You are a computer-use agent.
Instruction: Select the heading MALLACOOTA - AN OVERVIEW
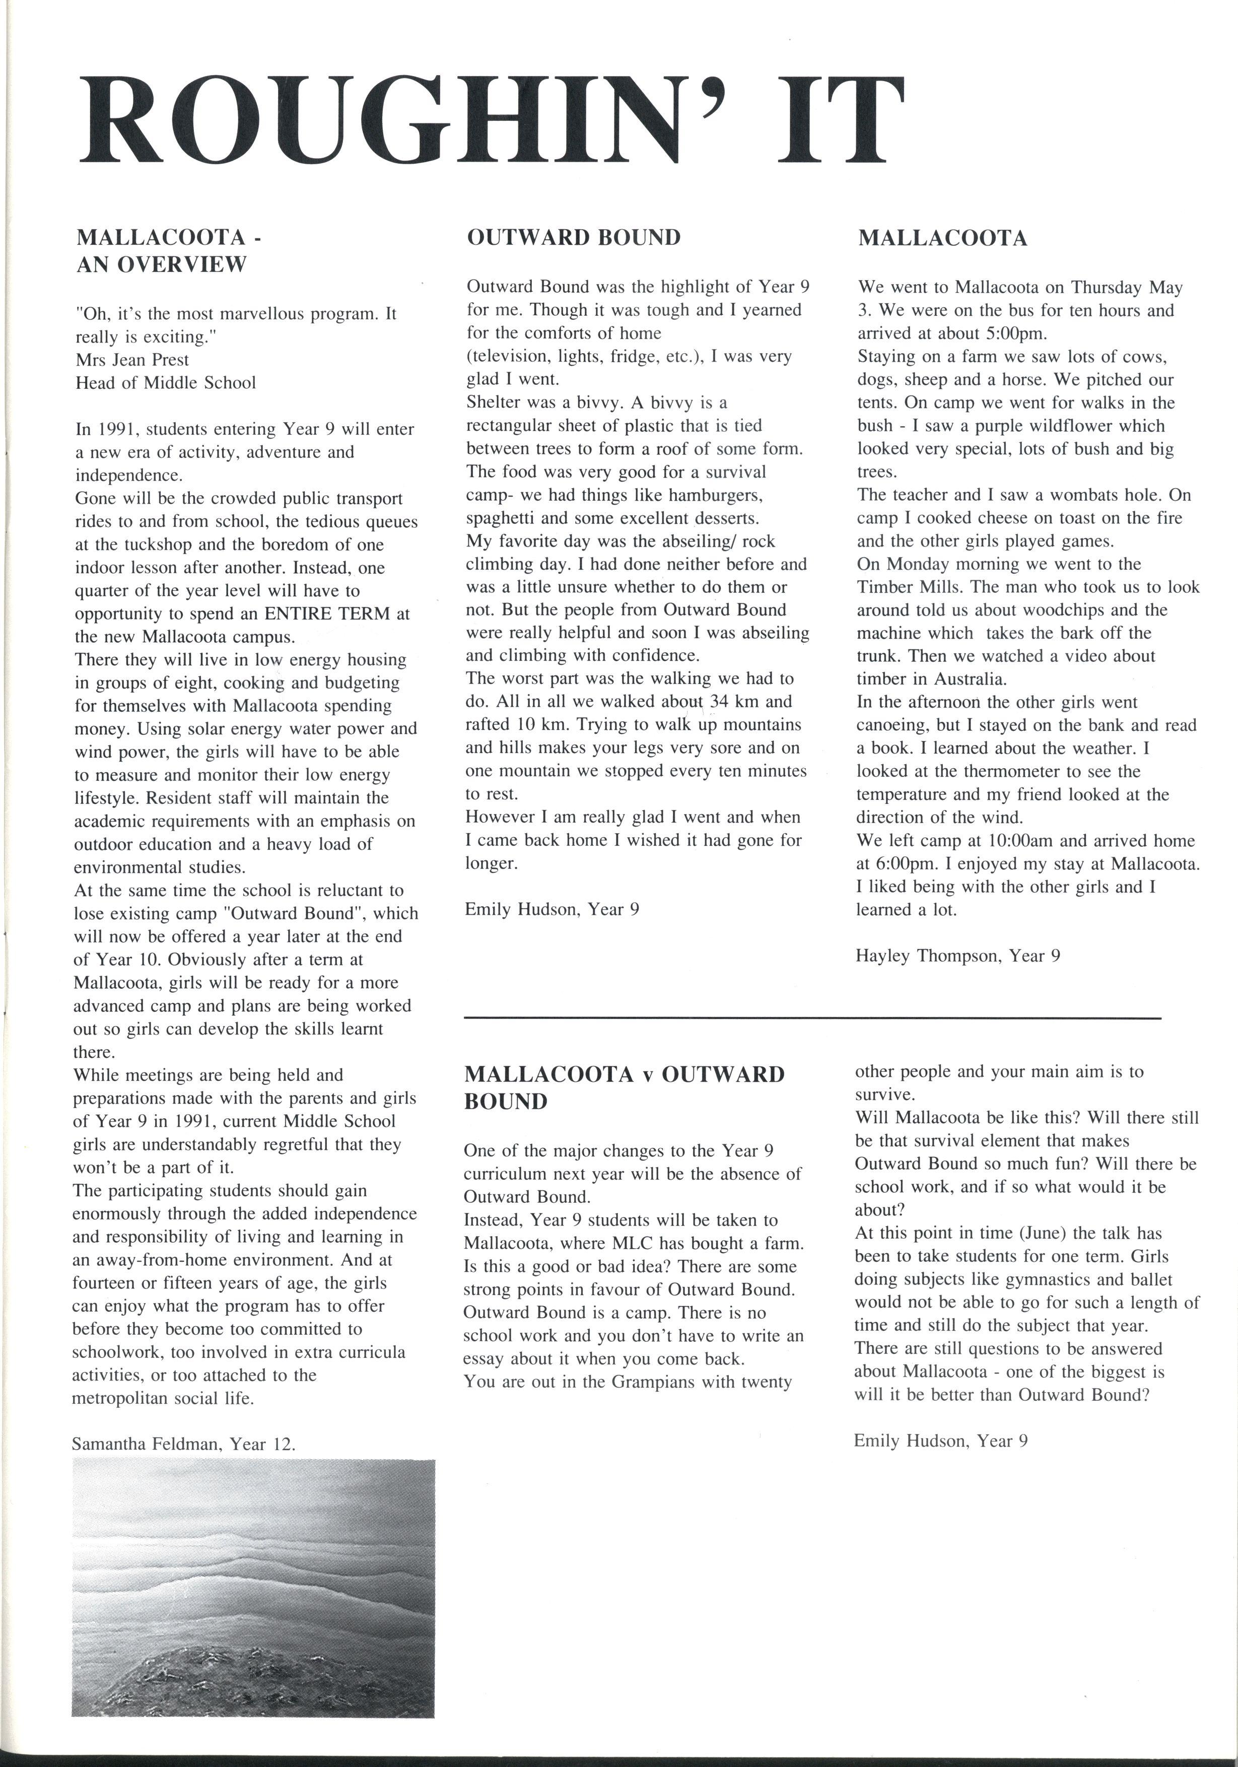pyautogui.click(x=169, y=251)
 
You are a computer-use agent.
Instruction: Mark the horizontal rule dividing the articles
pyautogui.click(x=812, y=1019)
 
